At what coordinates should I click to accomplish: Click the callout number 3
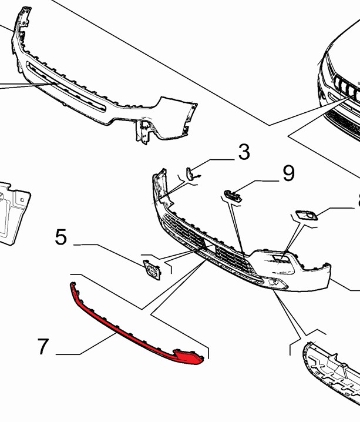click(244, 152)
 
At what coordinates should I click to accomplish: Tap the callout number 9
click(288, 173)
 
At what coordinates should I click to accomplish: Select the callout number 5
click(61, 237)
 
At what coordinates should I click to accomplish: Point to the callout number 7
click(42, 347)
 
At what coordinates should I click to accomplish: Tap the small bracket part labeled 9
click(232, 195)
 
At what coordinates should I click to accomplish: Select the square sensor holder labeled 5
click(151, 271)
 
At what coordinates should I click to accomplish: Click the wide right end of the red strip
click(189, 356)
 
